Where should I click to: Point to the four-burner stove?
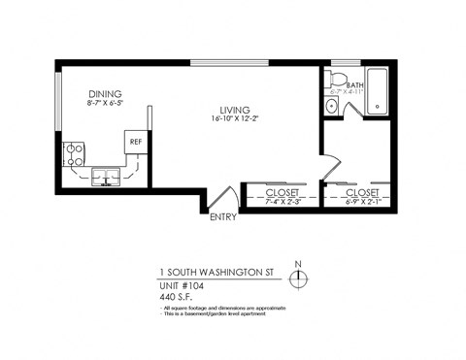tap(75, 152)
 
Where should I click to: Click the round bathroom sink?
tap(333, 107)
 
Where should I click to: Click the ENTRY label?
tap(224, 217)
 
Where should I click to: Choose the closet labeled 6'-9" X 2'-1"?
tap(360, 197)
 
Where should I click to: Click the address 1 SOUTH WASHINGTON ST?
tap(214, 273)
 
